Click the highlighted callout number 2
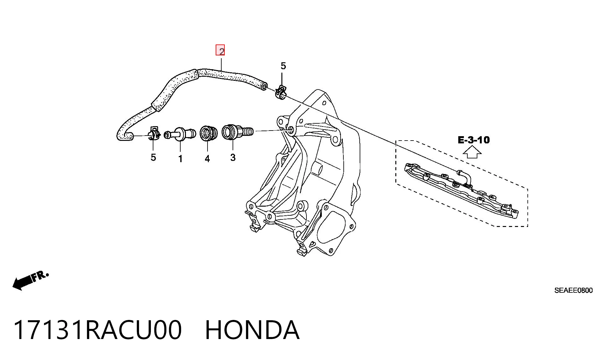pos(220,50)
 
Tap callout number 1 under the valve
pos(180,159)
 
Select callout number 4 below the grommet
pos(207,159)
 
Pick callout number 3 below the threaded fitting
pos(233,157)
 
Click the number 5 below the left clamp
pos(153,157)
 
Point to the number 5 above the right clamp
pos(283,66)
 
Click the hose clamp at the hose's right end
pos(281,92)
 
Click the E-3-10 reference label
pos(474,140)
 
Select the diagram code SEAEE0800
pos(573,291)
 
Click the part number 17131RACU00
pos(97,330)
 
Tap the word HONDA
pos(252,330)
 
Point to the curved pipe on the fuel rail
pos(465,178)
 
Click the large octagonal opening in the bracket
pos(334,228)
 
